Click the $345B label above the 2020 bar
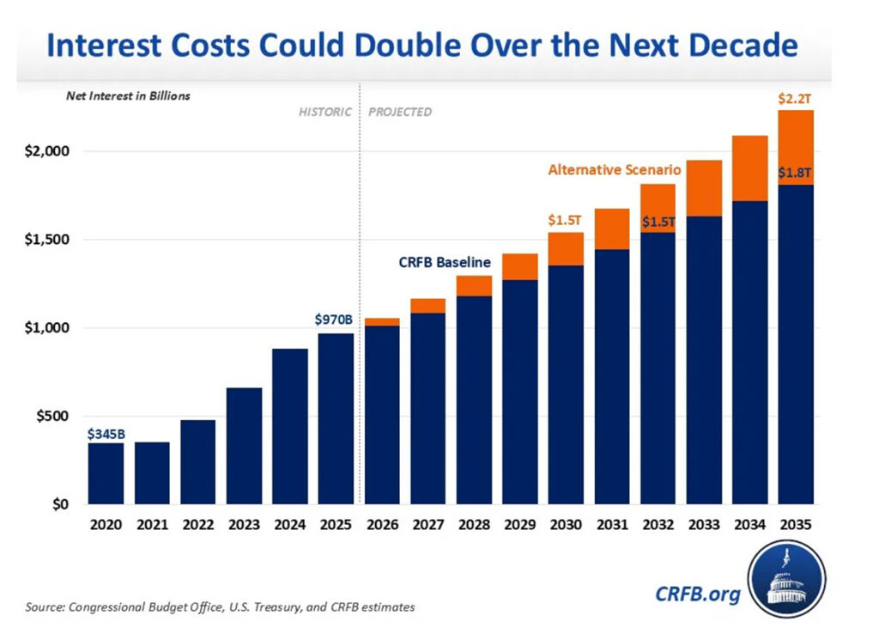(105, 434)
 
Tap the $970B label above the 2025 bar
(335, 320)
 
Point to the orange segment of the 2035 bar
(795, 148)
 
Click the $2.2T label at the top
(795, 100)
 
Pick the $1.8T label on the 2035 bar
(795, 174)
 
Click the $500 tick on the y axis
(50, 417)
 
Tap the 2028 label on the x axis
(474, 524)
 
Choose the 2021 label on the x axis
(152, 524)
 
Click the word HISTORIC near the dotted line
(324, 113)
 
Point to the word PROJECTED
(400, 113)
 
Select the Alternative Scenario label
(614, 170)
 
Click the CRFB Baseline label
(445, 262)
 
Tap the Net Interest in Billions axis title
(128, 96)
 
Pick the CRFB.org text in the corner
(696, 594)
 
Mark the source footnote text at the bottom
(220, 607)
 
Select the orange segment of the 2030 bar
(566, 249)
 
